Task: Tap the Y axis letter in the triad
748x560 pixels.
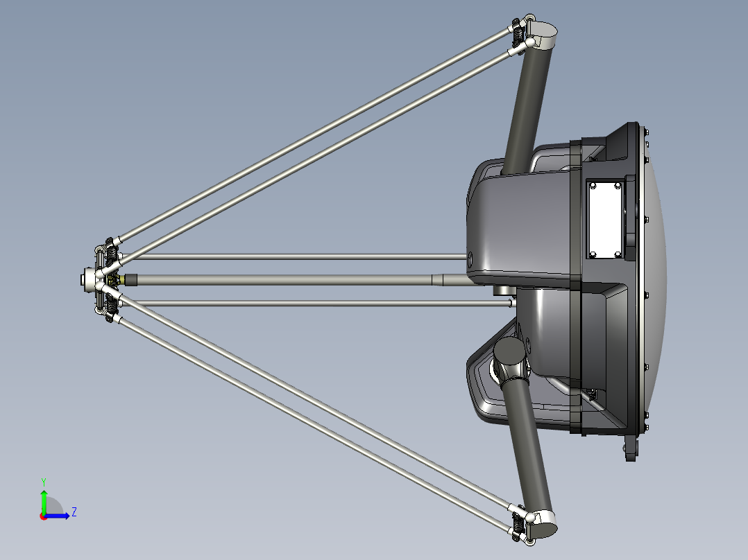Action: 43,480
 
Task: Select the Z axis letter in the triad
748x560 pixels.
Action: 74,512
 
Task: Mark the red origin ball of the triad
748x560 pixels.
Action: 43,516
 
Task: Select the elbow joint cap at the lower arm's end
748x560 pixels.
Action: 543,523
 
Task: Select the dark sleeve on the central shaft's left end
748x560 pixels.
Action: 132,280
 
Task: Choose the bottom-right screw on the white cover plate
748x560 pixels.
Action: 618,253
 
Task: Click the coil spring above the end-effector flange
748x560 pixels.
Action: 110,256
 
